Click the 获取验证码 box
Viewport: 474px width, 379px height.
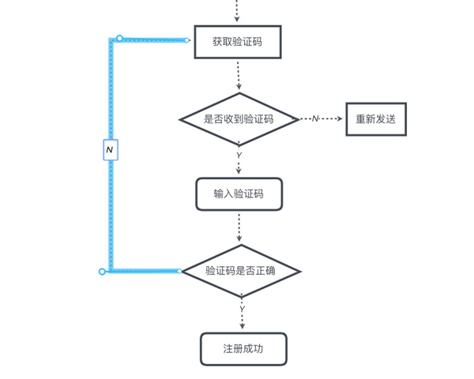[238, 42]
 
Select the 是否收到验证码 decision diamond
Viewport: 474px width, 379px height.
[239, 119]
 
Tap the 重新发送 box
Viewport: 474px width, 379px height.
[375, 119]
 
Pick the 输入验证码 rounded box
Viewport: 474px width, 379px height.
[239, 193]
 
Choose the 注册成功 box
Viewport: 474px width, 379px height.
[243, 348]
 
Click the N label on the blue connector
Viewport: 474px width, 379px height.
[110, 149]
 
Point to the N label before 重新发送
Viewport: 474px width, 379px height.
[314, 119]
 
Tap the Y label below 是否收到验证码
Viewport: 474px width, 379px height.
[239, 156]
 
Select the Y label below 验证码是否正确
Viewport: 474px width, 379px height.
[242, 308]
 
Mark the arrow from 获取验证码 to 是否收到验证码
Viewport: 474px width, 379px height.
[238, 77]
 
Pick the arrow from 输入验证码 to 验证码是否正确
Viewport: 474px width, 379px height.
[239, 227]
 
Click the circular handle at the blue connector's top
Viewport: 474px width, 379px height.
[120, 38]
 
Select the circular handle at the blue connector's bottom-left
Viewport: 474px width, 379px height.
[103, 272]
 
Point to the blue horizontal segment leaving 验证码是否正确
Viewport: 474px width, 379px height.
[146, 271]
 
